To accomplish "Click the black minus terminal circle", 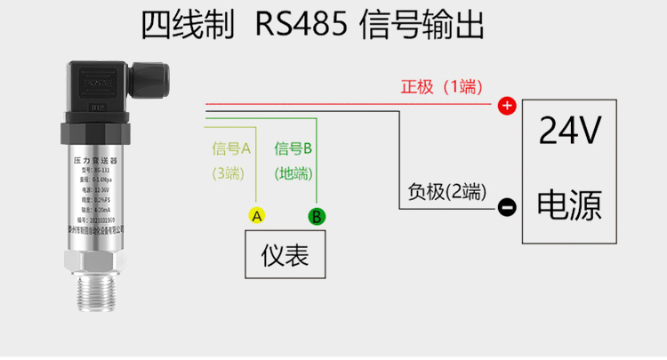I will tap(506, 208).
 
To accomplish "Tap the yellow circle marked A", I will tap(255, 216).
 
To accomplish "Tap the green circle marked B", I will tap(317, 216).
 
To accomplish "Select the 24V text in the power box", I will tap(571, 132).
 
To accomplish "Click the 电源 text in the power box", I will tap(571, 205).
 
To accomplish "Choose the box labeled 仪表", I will tap(285, 256).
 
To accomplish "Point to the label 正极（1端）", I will tap(441, 87).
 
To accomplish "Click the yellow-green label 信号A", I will tap(232, 148).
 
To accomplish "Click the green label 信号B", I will tap(293, 148).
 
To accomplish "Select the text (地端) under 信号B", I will tap(293, 173).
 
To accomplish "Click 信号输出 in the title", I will tap(422, 27).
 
